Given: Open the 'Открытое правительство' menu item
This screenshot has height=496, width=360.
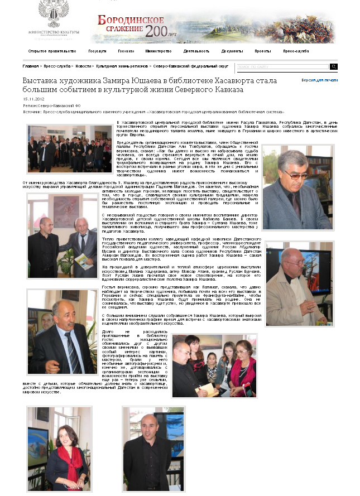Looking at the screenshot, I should (x=52, y=51).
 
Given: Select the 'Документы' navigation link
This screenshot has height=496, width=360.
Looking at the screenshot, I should (x=232, y=51).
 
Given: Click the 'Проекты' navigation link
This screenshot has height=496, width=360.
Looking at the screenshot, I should (x=262, y=51).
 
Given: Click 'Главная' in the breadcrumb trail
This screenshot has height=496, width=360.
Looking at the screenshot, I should (x=30, y=66).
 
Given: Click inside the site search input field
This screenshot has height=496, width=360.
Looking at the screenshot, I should (x=282, y=66).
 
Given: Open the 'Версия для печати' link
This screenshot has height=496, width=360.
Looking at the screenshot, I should (x=319, y=80).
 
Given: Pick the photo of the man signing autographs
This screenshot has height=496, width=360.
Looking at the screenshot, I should (x=214, y=366).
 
